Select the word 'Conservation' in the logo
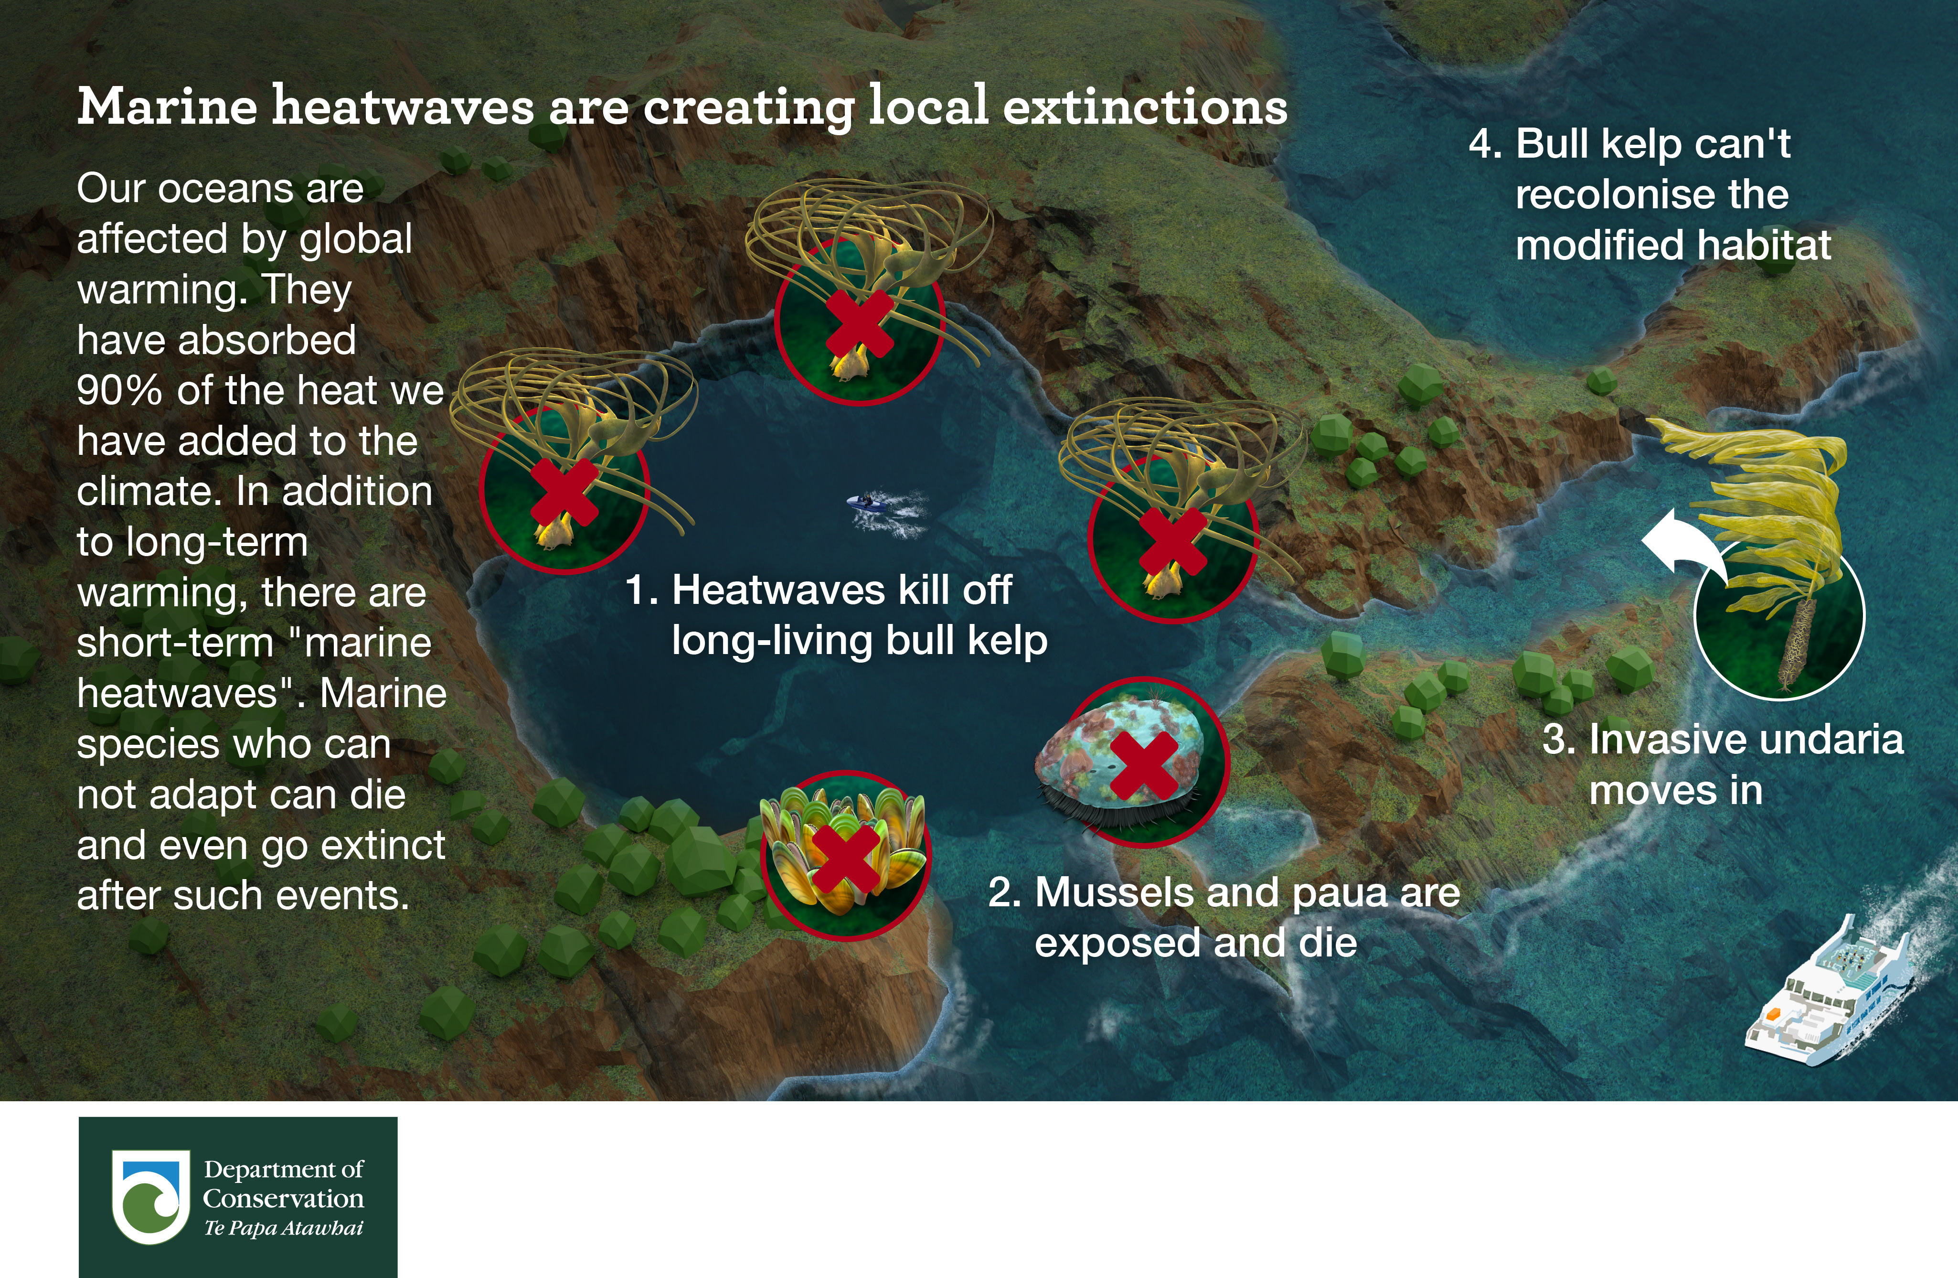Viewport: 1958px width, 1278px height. tap(284, 1198)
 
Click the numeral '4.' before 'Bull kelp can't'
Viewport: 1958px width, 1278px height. tap(1486, 144)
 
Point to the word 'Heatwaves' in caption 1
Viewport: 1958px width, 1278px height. tap(779, 590)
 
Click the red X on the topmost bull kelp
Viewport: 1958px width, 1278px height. tap(860, 323)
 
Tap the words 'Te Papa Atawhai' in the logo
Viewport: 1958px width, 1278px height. tap(284, 1228)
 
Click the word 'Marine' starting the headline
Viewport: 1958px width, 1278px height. tap(168, 107)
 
